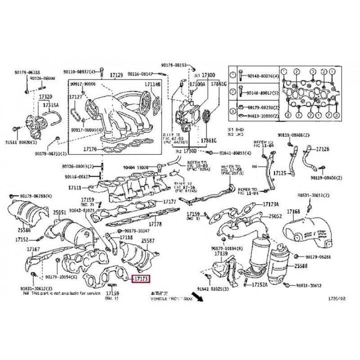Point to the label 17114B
coord(152,84)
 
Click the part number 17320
coord(45,96)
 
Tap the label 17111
coord(75,187)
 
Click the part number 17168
coord(294,211)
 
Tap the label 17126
coord(323,149)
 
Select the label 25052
coord(275,216)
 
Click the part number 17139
coord(220,254)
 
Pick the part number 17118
coord(126,237)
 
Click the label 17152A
coord(260,284)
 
